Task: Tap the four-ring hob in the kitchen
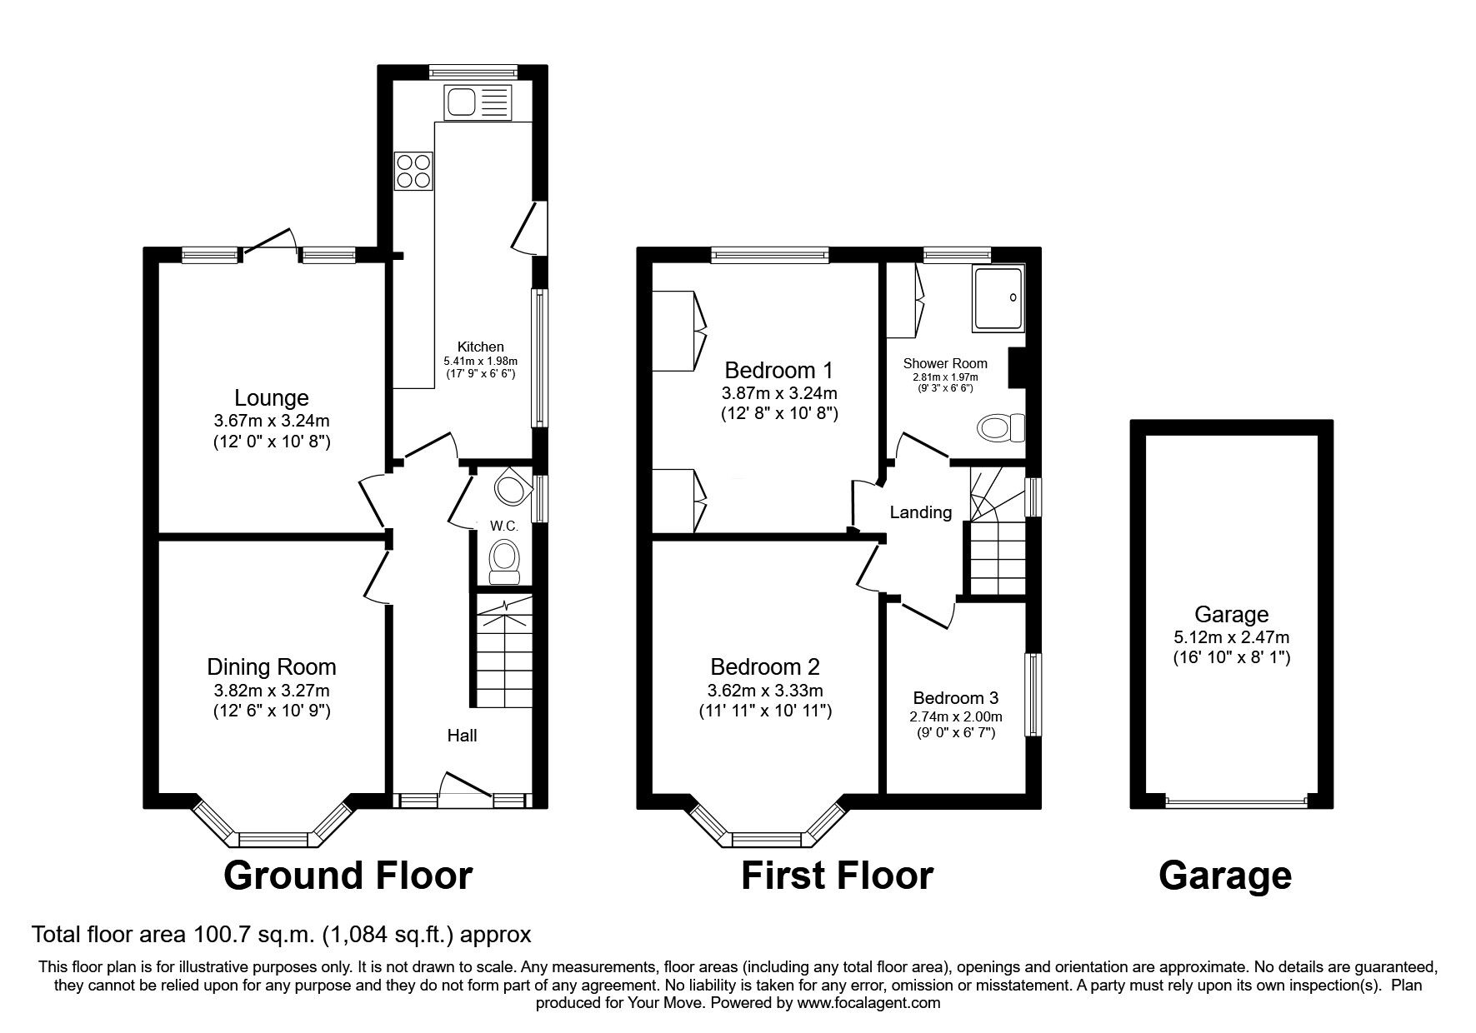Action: pyautogui.click(x=414, y=170)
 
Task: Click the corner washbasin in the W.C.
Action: pyautogui.click(x=511, y=488)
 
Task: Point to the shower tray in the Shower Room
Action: pyautogui.click(x=997, y=298)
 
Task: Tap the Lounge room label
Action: pyautogui.click(x=271, y=398)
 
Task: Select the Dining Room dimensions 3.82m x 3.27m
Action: pyautogui.click(x=271, y=691)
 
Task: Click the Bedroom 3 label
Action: pyautogui.click(x=955, y=698)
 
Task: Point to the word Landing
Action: pyautogui.click(x=920, y=512)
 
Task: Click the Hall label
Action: pyautogui.click(x=462, y=736)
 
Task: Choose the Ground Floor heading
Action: pyautogui.click(x=348, y=876)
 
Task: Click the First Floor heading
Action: pyautogui.click(x=837, y=876)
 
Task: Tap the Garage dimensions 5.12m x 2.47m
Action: pyautogui.click(x=1231, y=638)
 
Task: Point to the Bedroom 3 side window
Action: pyautogui.click(x=1033, y=695)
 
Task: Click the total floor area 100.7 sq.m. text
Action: pyautogui.click(x=281, y=935)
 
